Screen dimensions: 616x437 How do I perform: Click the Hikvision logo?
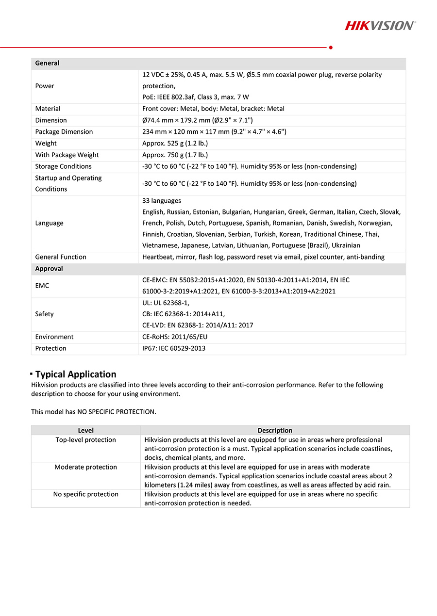click(380, 25)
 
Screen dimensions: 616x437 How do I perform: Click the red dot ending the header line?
click(331, 48)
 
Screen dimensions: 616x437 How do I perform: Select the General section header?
click(47, 63)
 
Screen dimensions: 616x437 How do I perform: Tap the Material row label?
click(48, 109)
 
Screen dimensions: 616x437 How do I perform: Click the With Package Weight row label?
click(67, 155)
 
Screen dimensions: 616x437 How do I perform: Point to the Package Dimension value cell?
click(214, 132)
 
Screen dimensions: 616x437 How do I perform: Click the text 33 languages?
click(162, 201)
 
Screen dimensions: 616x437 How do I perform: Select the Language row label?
click(49, 223)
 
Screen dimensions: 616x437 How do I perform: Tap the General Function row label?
click(61, 257)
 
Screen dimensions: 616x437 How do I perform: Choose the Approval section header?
click(49, 269)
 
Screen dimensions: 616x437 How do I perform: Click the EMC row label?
click(42, 286)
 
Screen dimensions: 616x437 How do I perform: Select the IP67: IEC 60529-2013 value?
click(174, 348)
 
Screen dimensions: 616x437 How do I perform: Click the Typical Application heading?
click(76, 374)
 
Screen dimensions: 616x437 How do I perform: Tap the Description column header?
click(275, 430)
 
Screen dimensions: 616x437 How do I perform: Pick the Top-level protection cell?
click(86, 440)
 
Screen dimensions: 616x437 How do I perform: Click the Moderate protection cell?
click(86, 467)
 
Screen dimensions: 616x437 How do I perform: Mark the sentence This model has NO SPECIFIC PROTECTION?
click(94, 412)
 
